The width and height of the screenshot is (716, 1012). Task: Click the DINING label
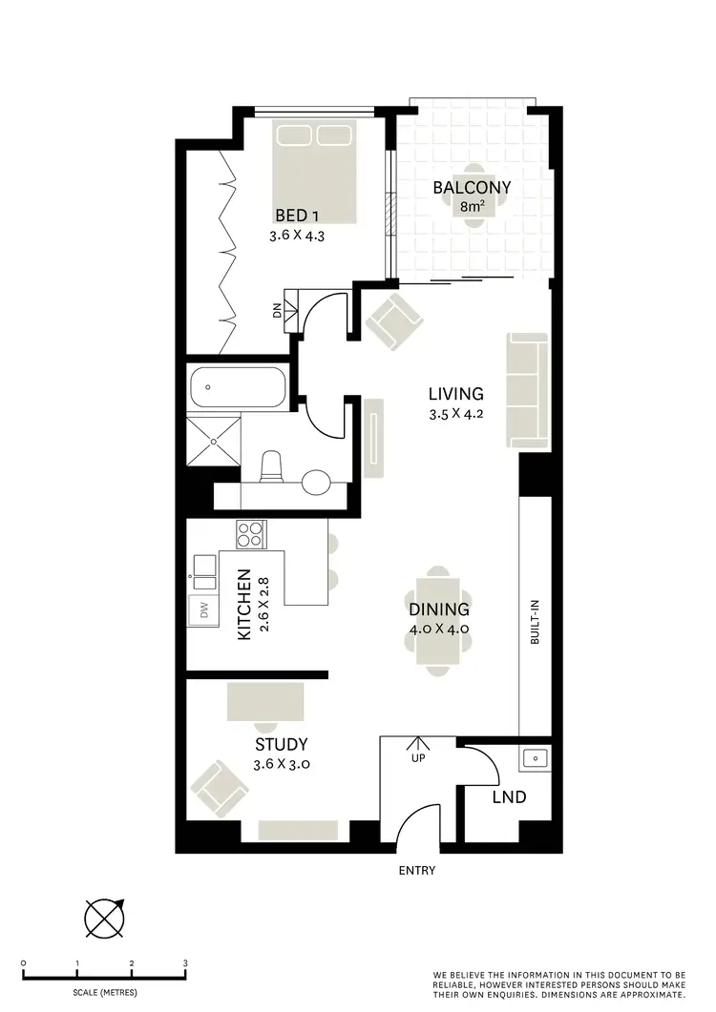[438, 609]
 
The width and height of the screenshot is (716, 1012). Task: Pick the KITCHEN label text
[243, 605]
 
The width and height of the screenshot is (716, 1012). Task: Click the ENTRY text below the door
[417, 870]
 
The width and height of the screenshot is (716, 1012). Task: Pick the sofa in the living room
[528, 390]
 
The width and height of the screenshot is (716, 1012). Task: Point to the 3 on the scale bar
[186, 964]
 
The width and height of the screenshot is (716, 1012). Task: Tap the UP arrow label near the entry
[417, 758]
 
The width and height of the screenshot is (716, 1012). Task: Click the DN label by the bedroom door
[277, 311]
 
